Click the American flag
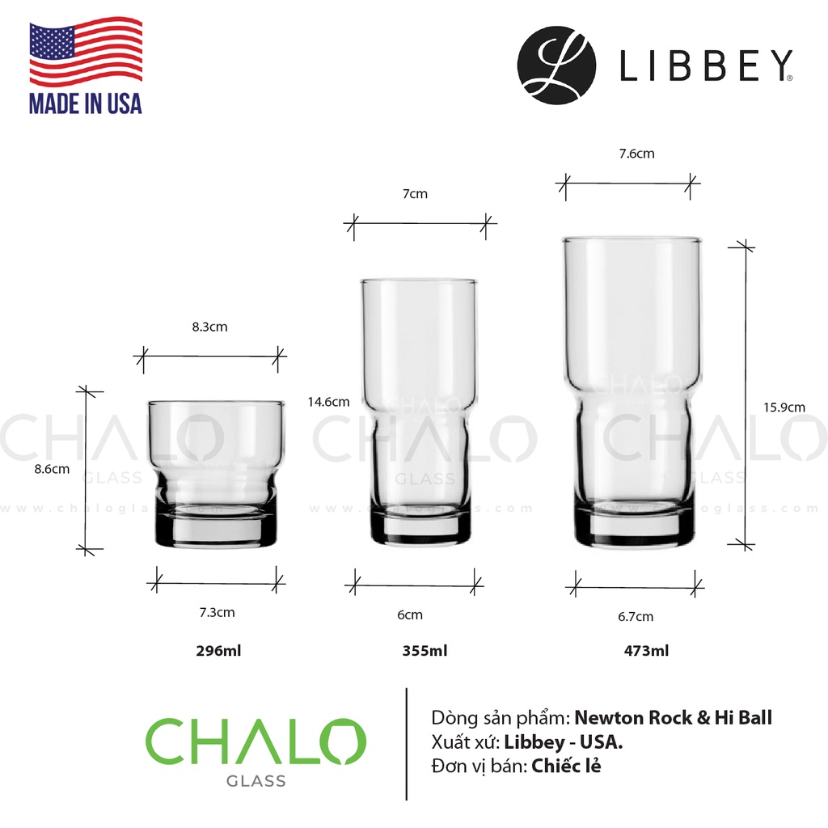point(86,51)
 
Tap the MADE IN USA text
point(86,103)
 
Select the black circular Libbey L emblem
point(556,65)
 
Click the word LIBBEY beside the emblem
point(706,65)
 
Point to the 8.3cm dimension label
point(209,327)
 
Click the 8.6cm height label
point(52,469)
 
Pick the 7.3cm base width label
point(217,613)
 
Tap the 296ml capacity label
point(218,651)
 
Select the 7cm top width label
point(415,194)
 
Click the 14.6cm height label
point(328,402)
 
